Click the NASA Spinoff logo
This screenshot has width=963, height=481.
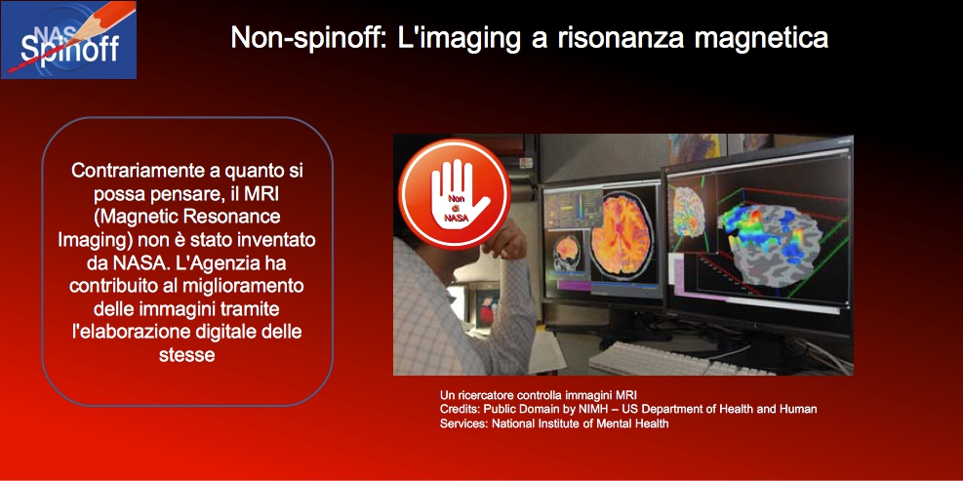point(68,40)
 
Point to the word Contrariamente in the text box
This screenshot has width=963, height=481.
point(140,170)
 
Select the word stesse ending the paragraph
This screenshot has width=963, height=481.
point(186,355)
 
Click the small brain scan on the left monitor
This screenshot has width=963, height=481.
point(566,252)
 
